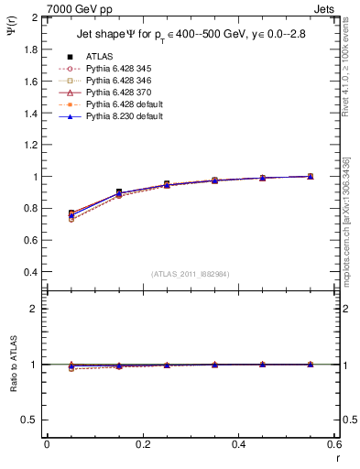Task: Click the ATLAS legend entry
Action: coord(99,57)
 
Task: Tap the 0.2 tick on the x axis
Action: coord(142,443)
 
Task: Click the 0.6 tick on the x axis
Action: coord(333,443)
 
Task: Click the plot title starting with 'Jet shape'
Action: coord(191,36)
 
